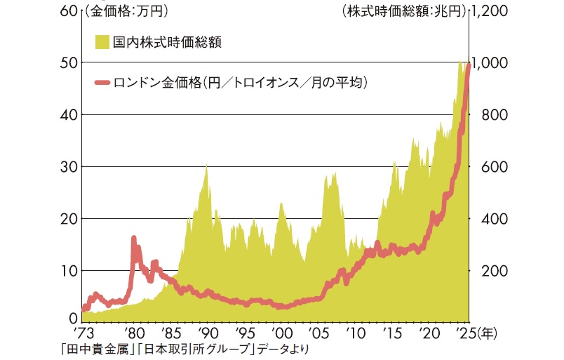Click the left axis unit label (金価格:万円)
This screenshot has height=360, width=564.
[129, 11]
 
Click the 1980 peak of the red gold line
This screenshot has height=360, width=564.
[133, 239]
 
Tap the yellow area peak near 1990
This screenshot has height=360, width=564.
[206, 166]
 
